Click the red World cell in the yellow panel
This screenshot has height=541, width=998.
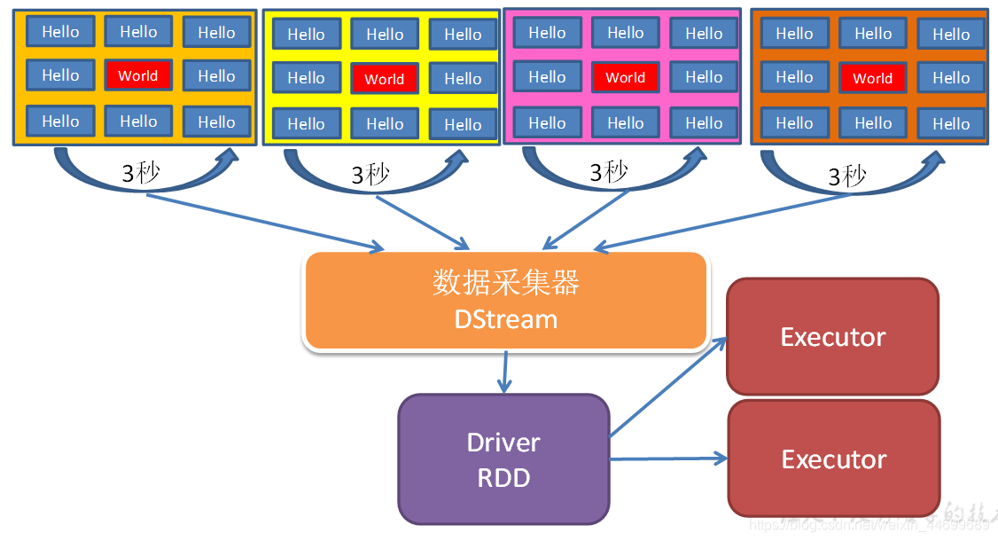(x=384, y=79)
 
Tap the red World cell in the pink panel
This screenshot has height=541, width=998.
(x=625, y=77)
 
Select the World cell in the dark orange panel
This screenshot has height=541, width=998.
(x=872, y=78)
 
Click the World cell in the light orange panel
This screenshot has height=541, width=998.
(x=137, y=75)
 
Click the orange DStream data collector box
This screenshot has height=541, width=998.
(x=505, y=302)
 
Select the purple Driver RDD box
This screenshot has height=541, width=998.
(x=503, y=459)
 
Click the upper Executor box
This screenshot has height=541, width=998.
(x=832, y=337)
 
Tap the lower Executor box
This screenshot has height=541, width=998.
(x=833, y=459)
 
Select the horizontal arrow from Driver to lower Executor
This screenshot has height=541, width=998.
(x=669, y=459)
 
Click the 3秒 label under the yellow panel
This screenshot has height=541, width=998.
(x=370, y=175)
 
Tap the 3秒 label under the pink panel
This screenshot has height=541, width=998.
(x=609, y=172)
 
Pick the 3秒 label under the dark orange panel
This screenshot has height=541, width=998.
(x=846, y=176)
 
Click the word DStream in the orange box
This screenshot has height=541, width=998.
(x=505, y=319)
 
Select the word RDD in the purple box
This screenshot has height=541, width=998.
(x=503, y=479)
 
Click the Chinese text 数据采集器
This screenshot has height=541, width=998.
(x=505, y=283)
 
